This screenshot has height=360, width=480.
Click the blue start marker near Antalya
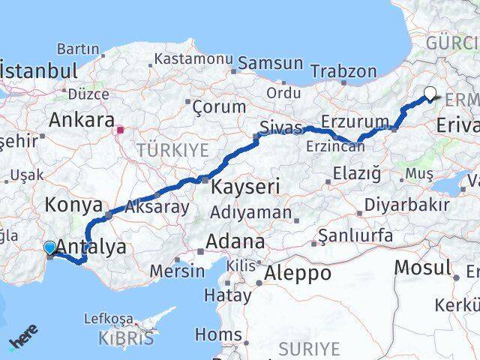(x=49, y=247)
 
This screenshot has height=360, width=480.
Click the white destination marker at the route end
(x=430, y=94)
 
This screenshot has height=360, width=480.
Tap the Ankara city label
(x=80, y=120)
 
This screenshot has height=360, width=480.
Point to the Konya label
(x=73, y=204)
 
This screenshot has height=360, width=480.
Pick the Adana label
(x=236, y=241)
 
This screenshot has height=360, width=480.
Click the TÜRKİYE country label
(x=172, y=150)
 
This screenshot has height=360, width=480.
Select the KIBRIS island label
(x=125, y=339)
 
